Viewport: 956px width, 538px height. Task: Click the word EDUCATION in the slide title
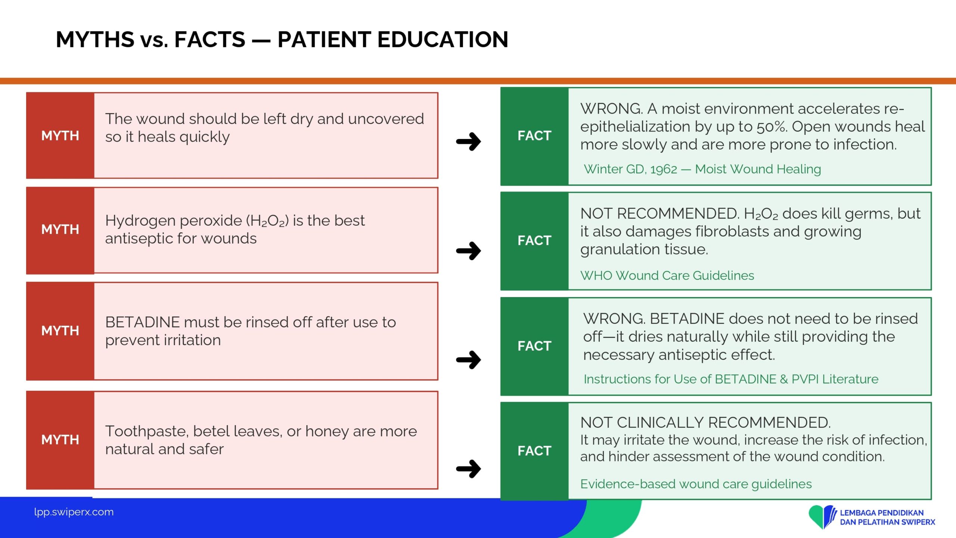coord(443,39)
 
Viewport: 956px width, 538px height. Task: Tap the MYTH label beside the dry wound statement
coord(60,136)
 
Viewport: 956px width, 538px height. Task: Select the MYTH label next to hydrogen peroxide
coord(60,229)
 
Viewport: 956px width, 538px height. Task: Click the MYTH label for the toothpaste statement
coord(60,440)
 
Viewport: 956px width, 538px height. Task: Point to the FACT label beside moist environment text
coord(534,136)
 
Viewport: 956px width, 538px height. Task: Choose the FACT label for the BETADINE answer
coord(534,346)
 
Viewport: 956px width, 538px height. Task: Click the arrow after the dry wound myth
coord(469,142)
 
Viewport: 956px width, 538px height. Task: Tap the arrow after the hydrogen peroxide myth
coord(469,251)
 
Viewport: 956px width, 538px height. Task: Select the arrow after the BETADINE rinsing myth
coord(469,360)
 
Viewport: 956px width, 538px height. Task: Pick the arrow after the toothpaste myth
coord(469,469)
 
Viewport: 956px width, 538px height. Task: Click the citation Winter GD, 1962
coord(630,169)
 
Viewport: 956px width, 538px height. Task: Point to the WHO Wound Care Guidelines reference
coord(667,276)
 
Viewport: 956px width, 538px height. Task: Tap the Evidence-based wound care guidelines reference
coord(696,484)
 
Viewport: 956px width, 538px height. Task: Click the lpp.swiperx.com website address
coord(74,512)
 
